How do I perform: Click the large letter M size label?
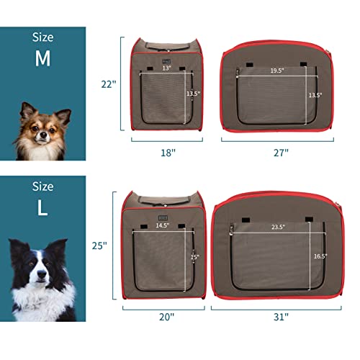tap(42, 59)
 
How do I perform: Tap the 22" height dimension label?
tap(108, 84)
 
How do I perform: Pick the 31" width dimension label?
tap(281, 316)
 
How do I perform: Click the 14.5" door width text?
tap(163, 225)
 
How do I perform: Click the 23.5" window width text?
tap(278, 227)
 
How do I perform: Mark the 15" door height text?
tap(194, 256)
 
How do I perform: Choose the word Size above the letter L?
tap(42, 186)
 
